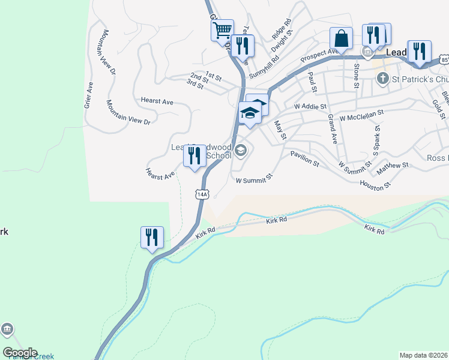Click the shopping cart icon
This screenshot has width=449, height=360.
[222, 29]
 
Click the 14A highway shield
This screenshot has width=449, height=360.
[202, 194]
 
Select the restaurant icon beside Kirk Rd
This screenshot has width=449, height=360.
[152, 237]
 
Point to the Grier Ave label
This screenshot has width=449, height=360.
[89, 95]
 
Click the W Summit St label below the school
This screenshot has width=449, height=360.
[254, 178]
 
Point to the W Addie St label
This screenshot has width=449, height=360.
[310, 106]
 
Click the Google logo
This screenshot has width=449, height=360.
[20, 353]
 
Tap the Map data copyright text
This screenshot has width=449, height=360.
[424, 355]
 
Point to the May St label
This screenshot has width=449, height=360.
[280, 130]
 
